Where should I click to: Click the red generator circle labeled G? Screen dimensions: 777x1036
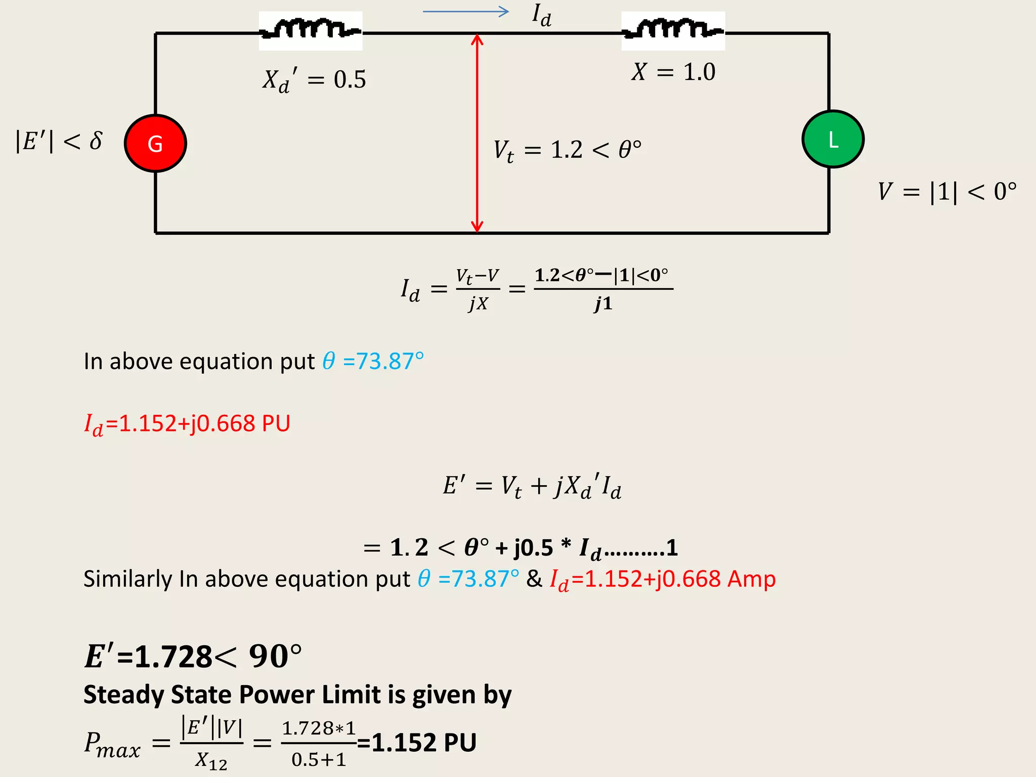(155, 143)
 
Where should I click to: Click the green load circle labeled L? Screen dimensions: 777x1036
(833, 139)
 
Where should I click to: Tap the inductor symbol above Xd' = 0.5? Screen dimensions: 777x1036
(310, 30)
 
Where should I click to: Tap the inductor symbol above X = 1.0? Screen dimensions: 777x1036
(673, 30)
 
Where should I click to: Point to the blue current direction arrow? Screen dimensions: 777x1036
(465, 12)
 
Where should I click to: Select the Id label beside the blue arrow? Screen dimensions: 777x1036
(541, 15)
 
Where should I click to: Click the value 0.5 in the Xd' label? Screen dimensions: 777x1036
(350, 80)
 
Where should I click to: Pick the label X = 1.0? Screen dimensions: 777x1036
(673, 72)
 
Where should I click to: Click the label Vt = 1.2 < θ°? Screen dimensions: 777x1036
(567, 150)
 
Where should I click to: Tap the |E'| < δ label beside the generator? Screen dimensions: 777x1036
(59, 141)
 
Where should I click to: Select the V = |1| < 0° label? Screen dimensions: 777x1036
(947, 192)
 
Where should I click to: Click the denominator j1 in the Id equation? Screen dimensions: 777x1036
(603, 304)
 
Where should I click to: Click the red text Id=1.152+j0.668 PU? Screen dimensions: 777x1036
(187, 423)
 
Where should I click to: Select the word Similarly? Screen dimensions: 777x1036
(127, 579)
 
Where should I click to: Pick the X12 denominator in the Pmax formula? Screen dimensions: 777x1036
(211, 760)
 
